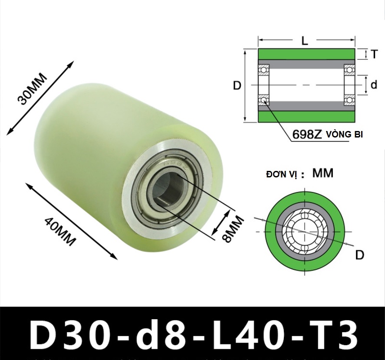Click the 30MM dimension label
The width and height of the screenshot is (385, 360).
pyautogui.click(x=32, y=89)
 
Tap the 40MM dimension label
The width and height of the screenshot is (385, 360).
pyautogui.click(x=59, y=232)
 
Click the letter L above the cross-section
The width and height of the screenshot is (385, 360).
pyautogui.click(x=304, y=41)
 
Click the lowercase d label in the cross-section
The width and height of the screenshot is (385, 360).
pyautogui.click(x=374, y=85)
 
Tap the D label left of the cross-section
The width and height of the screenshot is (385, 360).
pyautogui.click(x=237, y=85)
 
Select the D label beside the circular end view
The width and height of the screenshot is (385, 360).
pyautogui.click(x=360, y=255)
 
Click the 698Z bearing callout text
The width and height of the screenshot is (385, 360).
pyautogui.click(x=307, y=134)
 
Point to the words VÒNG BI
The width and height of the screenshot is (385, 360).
pyautogui.click(x=345, y=134)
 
